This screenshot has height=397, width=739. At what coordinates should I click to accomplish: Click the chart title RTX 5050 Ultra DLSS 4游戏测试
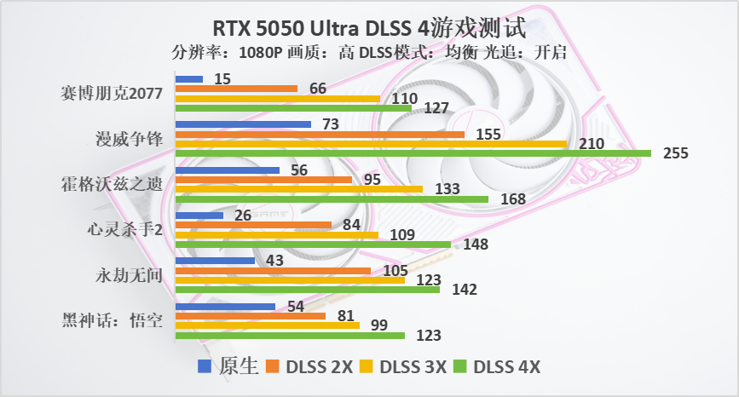(369, 25)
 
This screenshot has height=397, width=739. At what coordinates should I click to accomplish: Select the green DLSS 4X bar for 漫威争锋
(413, 153)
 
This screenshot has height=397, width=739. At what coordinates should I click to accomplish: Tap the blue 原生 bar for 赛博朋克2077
(188, 79)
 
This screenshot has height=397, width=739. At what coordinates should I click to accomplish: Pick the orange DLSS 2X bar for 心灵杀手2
(253, 225)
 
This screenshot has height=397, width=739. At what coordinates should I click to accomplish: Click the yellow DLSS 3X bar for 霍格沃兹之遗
(298, 188)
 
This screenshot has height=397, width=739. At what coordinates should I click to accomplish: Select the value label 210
(590, 143)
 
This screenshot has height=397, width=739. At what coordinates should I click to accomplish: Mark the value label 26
(242, 215)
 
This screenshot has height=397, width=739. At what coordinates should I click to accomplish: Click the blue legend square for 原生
(205, 367)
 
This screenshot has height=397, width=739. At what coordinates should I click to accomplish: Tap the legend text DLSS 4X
(507, 367)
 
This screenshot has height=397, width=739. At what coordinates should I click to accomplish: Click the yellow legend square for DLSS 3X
(367, 367)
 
